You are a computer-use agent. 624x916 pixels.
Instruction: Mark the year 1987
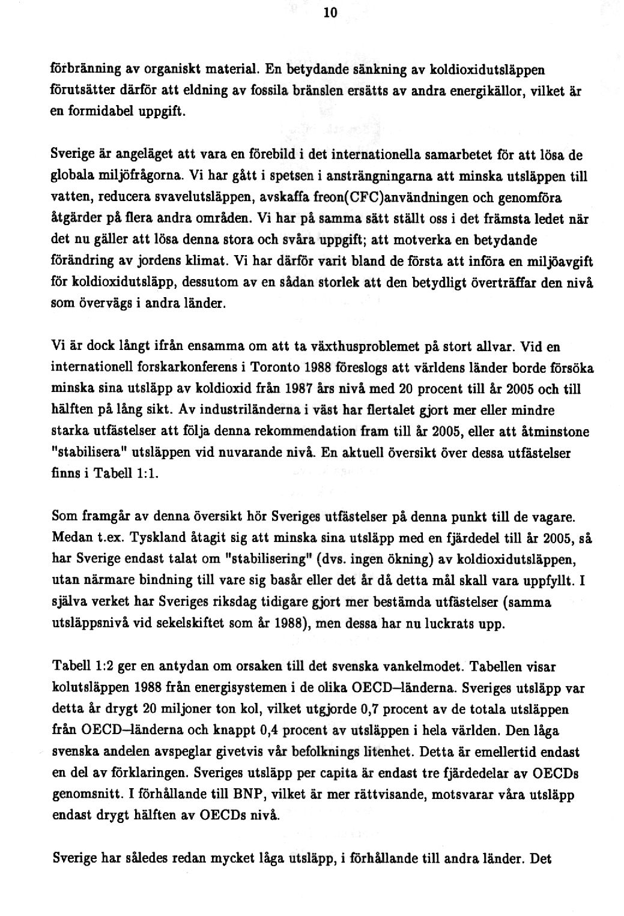pos(298,389)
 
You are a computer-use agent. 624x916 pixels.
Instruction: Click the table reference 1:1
pos(148,473)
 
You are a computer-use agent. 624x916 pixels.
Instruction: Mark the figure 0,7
pos(368,710)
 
